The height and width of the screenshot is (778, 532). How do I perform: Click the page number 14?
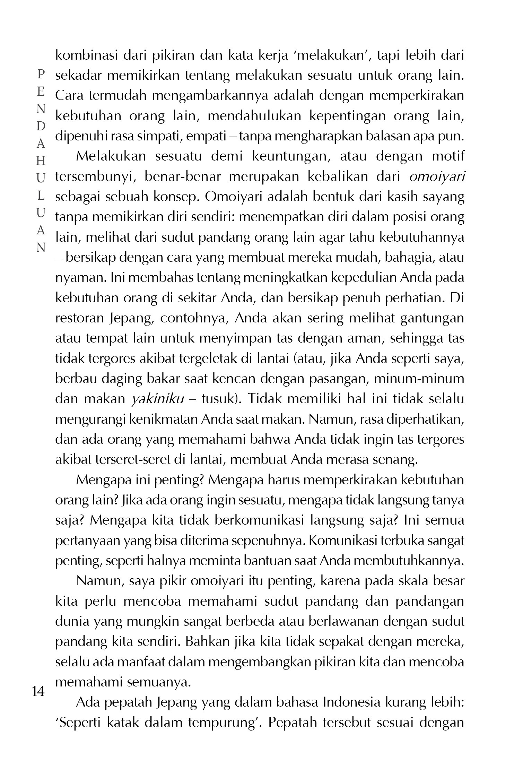(x=38, y=692)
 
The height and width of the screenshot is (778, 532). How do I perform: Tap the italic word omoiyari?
(x=437, y=176)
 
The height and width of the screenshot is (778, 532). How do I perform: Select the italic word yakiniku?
(x=158, y=399)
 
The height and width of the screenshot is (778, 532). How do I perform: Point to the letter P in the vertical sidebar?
(x=41, y=74)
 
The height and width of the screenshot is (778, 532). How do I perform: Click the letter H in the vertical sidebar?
(x=41, y=161)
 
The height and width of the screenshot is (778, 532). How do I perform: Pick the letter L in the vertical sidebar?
(x=41, y=196)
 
